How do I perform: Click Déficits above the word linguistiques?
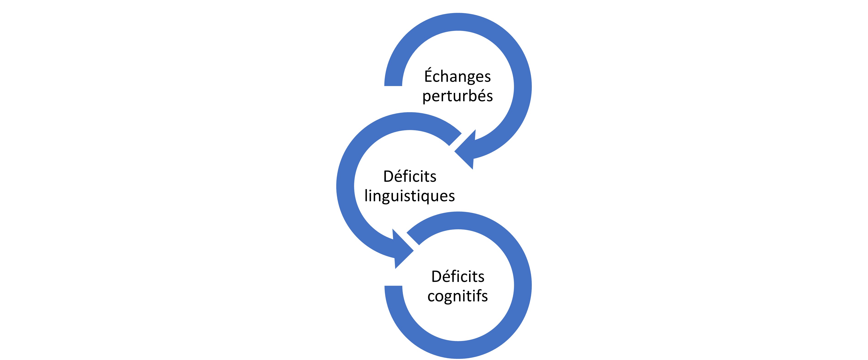click(x=410, y=176)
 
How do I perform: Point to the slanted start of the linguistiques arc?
click(x=455, y=140)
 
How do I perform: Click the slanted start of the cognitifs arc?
click(x=413, y=239)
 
